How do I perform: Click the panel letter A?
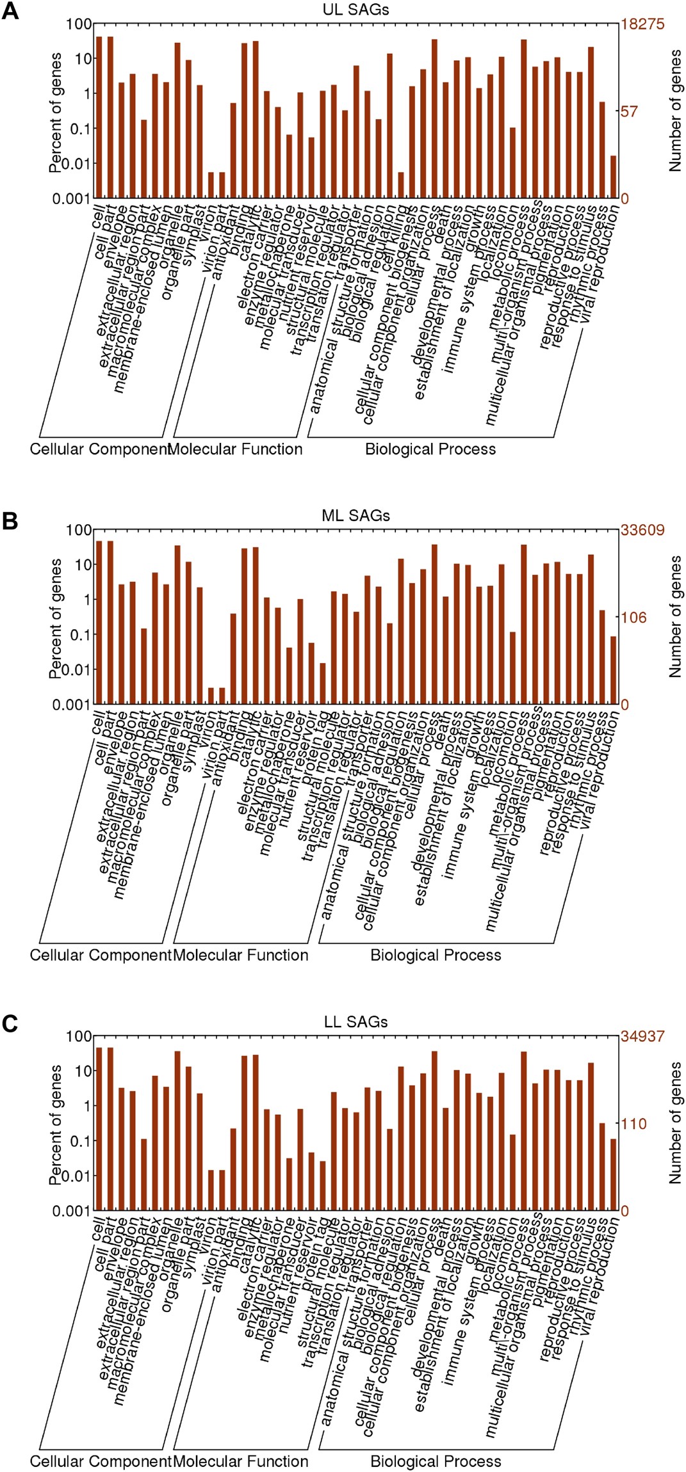click(x=10, y=12)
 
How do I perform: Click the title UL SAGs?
click(x=355, y=9)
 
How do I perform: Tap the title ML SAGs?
click(x=355, y=515)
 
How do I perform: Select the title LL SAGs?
click(x=355, y=1022)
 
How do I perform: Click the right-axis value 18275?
click(x=642, y=24)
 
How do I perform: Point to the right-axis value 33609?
click(x=642, y=530)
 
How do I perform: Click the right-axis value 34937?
click(x=642, y=1036)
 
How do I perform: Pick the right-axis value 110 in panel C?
click(x=633, y=1124)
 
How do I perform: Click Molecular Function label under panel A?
click(x=235, y=449)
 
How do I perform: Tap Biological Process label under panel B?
click(x=436, y=956)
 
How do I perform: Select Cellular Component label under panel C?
click(x=101, y=1461)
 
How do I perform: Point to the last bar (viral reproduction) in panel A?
click(x=613, y=177)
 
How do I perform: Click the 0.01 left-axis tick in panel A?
click(x=70, y=163)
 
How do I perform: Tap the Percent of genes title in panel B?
click(x=56, y=618)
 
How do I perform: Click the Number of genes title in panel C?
click(x=675, y=1123)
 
